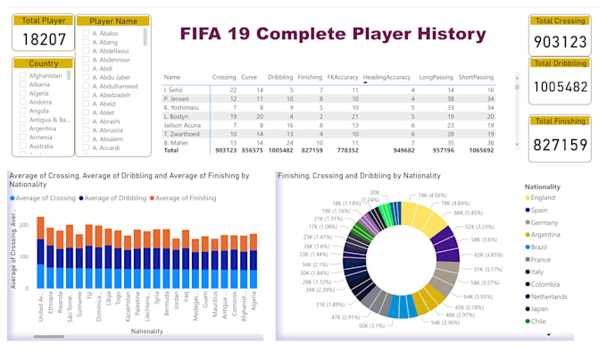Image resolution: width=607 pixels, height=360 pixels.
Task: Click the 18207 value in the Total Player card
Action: (x=44, y=38)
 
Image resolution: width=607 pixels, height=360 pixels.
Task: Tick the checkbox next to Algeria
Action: (x=22, y=93)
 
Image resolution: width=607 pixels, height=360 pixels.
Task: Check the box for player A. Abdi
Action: (x=85, y=68)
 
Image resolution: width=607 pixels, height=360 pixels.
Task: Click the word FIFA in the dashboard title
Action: (x=211, y=35)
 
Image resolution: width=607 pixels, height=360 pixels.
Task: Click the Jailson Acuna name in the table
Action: (x=182, y=125)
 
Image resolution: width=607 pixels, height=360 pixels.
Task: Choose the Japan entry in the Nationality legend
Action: (x=539, y=309)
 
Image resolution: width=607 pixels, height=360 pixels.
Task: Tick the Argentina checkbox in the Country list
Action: (x=22, y=128)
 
